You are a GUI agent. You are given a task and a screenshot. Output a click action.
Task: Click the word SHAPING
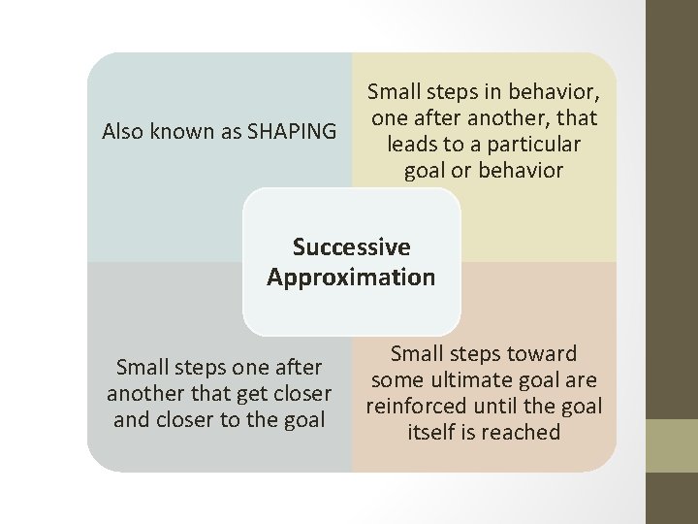tap(292, 131)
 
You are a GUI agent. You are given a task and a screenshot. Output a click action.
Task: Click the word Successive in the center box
tap(351, 247)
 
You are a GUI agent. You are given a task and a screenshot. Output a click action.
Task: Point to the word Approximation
tap(351, 278)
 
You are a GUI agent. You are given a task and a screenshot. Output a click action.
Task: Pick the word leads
tap(415, 145)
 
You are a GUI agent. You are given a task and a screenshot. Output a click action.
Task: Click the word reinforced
tap(418, 407)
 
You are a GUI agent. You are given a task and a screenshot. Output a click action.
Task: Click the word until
tap(502, 407)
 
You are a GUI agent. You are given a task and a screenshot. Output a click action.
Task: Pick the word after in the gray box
tap(297, 368)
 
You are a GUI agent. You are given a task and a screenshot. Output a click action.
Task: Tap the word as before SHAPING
tap(229, 131)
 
